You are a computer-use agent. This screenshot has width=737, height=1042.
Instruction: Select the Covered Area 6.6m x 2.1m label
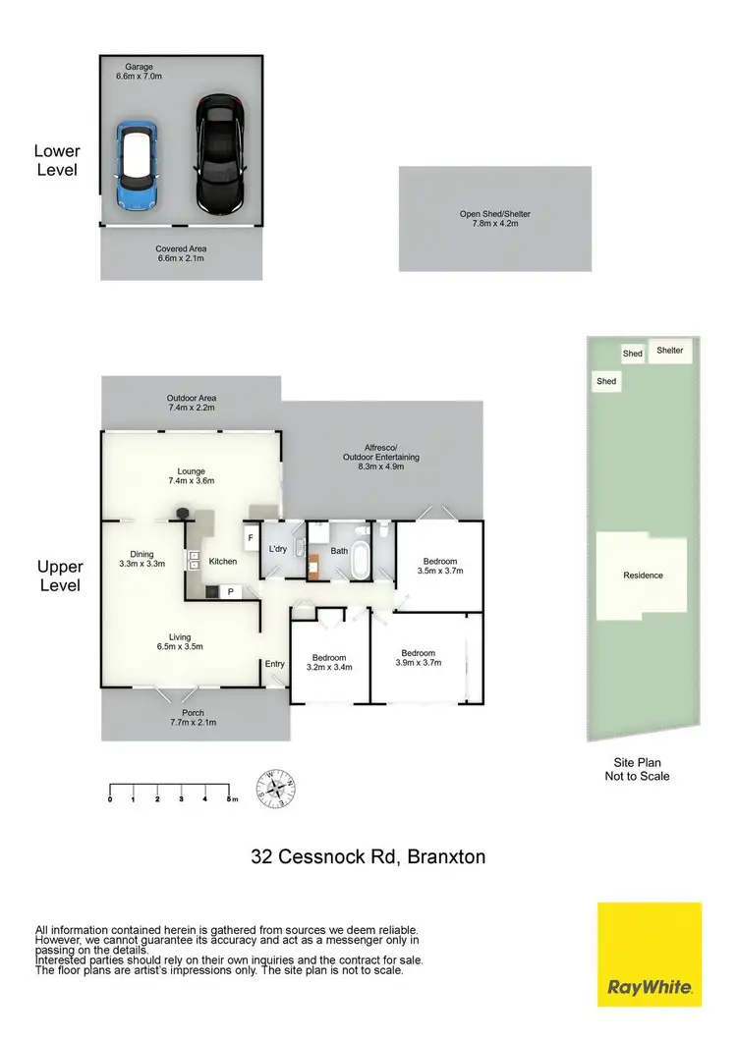(x=181, y=254)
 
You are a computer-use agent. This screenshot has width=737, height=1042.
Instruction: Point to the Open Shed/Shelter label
(x=494, y=218)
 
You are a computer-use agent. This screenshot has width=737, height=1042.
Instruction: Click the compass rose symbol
(x=276, y=787)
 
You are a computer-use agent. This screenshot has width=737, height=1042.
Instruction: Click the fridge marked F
(x=251, y=538)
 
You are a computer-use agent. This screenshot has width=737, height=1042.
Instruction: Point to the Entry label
(x=274, y=664)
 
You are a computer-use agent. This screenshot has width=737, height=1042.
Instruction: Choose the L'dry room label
(x=277, y=549)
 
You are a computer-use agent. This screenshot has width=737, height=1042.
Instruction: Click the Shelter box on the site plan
(x=669, y=350)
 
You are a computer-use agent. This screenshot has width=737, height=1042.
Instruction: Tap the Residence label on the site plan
(x=644, y=576)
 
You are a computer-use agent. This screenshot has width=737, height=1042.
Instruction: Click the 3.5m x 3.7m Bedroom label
(x=439, y=565)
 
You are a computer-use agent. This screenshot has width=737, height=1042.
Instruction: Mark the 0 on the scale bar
(x=110, y=799)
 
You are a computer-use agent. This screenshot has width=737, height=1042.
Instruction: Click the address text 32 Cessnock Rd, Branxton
(x=368, y=856)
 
